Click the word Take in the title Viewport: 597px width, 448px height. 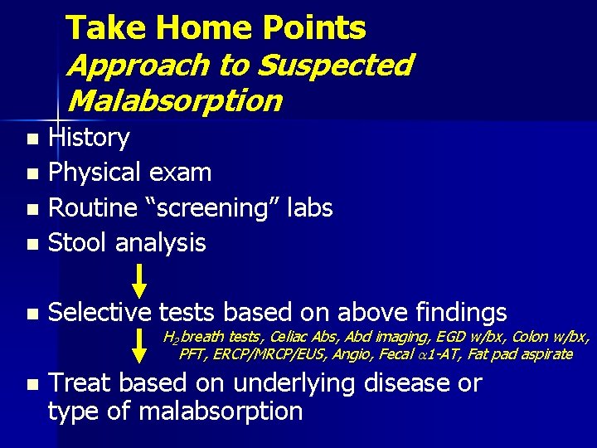point(105,28)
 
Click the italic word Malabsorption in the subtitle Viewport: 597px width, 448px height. point(175,100)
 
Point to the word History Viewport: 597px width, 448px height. point(89,138)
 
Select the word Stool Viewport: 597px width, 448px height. point(79,242)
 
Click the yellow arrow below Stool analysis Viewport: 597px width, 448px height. point(140,280)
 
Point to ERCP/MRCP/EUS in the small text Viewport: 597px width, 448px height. point(260,355)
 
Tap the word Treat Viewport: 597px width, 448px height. point(81,383)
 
